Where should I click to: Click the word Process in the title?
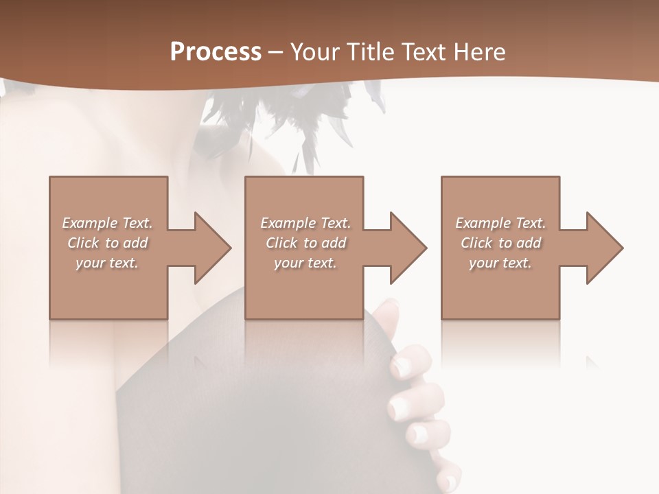pyautogui.click(x=216, y=52)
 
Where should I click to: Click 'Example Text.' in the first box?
pyautogui.click(x=107, y=223)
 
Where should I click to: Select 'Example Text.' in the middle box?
pyautogui.click(x=305, y=223)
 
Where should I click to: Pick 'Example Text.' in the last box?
pyautogui.click(x=500, y=223)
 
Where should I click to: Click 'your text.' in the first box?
pyautogui.click(x=107, y=263)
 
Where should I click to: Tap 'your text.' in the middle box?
pyautogui.click(x=305, y=263)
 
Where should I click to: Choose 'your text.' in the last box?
pyautogui.click(x=500, y=263)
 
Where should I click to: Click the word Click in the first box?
pyautogui.click(x=83, y=243)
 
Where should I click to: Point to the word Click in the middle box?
pyautogui.click(x=281, y=243)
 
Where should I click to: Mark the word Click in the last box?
pyautogui.click(x=476, y=243)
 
